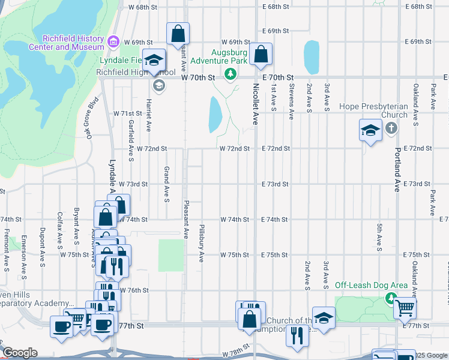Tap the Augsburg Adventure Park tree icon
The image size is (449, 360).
(229, 74)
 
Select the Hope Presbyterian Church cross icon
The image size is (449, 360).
(391, 128)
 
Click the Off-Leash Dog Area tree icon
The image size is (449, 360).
(391, 298)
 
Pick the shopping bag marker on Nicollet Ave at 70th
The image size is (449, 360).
(261, 55)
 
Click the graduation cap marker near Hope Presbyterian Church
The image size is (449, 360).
(370, 130)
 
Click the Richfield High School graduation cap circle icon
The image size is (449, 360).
(158, 85)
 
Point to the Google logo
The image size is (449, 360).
(20, 353)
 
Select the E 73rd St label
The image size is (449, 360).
(276, 184)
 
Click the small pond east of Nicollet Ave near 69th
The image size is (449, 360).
(312, 56)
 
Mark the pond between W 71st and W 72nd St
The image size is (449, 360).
(215, 114)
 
